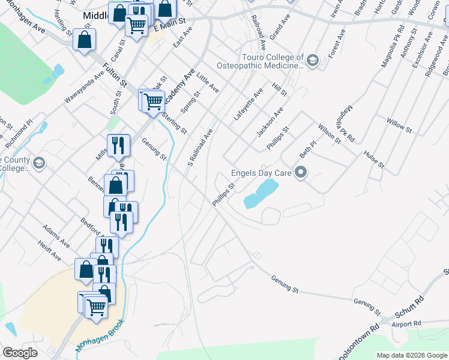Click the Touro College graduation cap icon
(312, 61)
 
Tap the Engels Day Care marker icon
(302, 173)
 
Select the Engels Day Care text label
(262, 173)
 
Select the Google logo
(20, 353)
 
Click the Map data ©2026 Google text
(412, 355)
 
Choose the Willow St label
(399, 125)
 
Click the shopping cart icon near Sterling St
(154, 101)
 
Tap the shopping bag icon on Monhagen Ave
(85, 41)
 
